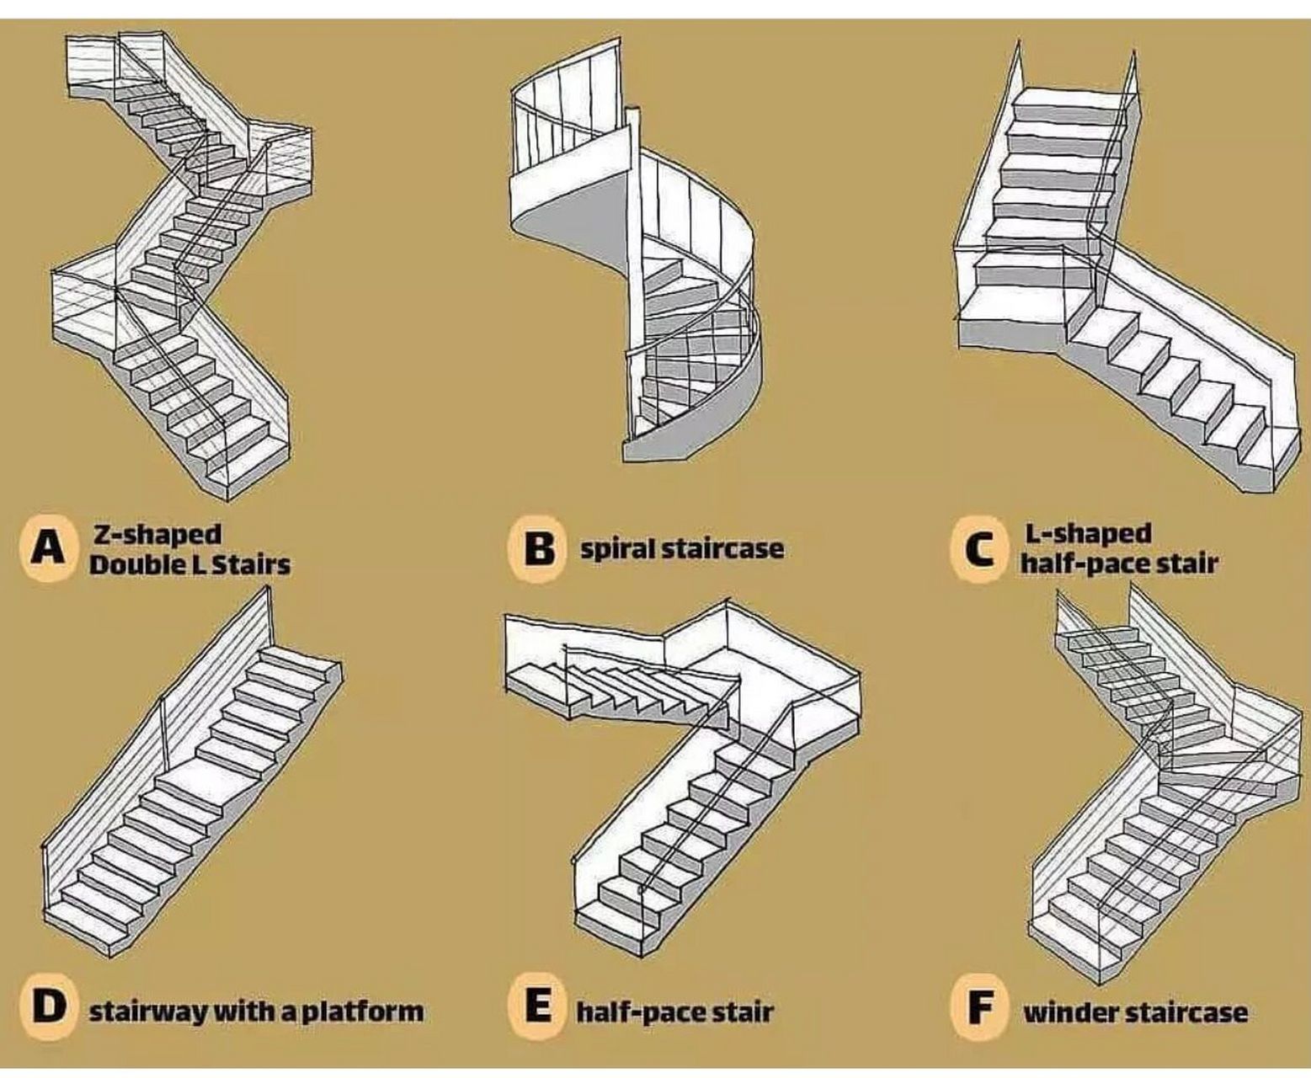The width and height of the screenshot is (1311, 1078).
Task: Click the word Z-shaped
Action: [157, 534]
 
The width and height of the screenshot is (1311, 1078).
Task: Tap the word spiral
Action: [618, 549]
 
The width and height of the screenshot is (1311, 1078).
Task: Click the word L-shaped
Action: [1087, 534]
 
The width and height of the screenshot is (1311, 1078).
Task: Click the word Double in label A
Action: [126, 563]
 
